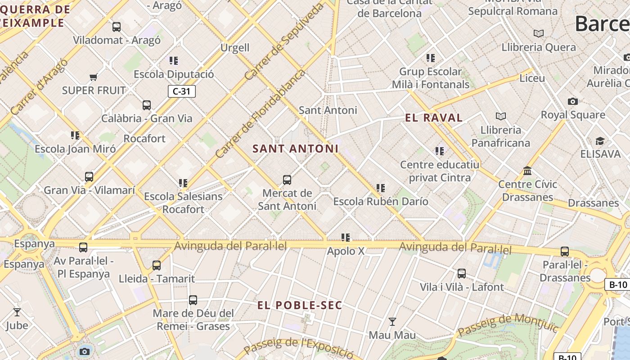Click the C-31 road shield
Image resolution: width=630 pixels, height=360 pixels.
(182, 91)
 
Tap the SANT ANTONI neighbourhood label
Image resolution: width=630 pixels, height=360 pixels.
(295, 148)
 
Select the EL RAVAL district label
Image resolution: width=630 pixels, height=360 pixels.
(434, 118)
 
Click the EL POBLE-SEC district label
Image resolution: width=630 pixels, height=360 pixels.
(300, 305)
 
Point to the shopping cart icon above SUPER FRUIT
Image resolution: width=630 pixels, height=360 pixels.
(94, 77)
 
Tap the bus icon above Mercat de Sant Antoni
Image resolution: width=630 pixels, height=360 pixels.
(287, 180)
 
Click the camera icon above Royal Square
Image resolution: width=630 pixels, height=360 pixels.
(572, 102)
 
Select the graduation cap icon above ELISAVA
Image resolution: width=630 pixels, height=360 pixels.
(600, 141)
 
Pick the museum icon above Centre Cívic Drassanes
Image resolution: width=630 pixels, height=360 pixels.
(527, 171)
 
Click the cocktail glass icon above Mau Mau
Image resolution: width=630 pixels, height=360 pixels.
(392, 322)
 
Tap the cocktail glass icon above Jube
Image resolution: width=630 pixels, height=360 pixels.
(17, 312)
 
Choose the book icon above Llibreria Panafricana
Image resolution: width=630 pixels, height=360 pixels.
(500, 117)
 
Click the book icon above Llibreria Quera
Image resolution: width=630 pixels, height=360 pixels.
(538, 34)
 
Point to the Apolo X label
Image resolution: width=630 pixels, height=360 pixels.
(346, 251)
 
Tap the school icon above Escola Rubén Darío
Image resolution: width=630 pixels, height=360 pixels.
(381, 188)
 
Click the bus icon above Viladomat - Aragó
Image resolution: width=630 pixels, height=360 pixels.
(117, 27)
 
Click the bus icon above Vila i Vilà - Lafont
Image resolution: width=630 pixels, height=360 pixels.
(462, 274)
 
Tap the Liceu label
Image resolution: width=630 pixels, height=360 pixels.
(532, 78)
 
